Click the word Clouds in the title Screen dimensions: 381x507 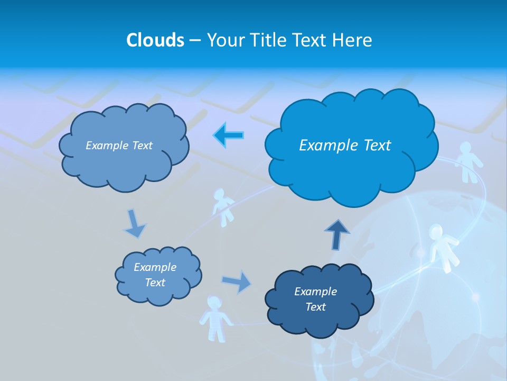(155, 40)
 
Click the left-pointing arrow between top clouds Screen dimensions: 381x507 (229, 135)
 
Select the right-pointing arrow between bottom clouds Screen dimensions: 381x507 (237, 281)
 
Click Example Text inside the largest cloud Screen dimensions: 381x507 (345, 145)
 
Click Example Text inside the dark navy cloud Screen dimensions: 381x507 (315, 299)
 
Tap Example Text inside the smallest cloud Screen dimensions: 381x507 (155, 275)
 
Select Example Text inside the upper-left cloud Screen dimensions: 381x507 (119, 146)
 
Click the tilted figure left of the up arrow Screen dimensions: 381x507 (224, 206)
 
